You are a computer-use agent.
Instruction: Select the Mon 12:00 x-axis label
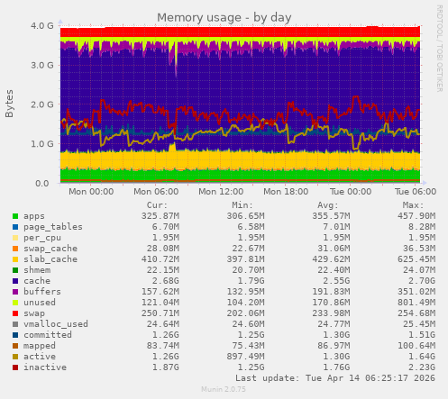(221, 192)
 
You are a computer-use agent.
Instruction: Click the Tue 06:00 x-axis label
(416, 192)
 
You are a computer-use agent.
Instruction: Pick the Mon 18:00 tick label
(285, 192)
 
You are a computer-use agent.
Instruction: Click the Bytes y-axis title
(10, 104)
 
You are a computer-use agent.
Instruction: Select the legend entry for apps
(34, 216)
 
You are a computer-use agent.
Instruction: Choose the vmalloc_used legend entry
(50, 323)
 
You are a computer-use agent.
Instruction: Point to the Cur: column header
(156, 204)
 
